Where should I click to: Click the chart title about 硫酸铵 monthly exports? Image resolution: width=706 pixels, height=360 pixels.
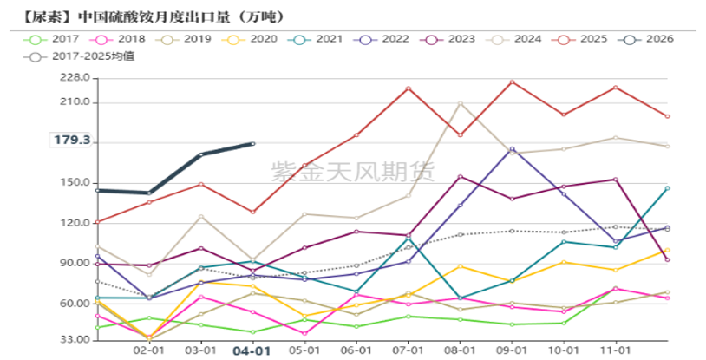[154, 16]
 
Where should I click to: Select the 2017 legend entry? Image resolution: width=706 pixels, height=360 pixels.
[51, 39]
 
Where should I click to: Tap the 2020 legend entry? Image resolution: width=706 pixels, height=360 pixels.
[249, 39]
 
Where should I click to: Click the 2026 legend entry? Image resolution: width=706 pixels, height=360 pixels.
[645, 39]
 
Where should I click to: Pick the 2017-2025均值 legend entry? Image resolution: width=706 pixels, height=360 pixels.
[79, 56]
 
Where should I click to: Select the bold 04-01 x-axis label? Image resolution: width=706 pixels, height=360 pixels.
[252, 351]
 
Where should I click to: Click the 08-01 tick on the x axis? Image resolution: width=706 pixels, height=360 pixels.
[460, 350]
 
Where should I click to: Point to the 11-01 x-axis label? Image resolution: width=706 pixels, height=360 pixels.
[616, 350]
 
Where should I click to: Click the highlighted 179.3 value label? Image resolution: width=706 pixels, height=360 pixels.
[72, 141]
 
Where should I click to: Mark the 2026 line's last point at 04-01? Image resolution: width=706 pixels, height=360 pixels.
[253, 144]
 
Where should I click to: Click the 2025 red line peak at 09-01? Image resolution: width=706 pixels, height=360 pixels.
[512, 82]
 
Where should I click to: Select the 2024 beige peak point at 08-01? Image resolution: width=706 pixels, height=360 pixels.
[461, 103]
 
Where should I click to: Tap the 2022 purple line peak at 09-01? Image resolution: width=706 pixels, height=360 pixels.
[512, 148]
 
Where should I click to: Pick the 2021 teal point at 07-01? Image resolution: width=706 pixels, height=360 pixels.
[409, 239]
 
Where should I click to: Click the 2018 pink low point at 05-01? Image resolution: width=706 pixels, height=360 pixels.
[304, 333]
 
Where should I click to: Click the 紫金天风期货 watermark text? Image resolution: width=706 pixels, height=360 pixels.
[353, 172]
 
